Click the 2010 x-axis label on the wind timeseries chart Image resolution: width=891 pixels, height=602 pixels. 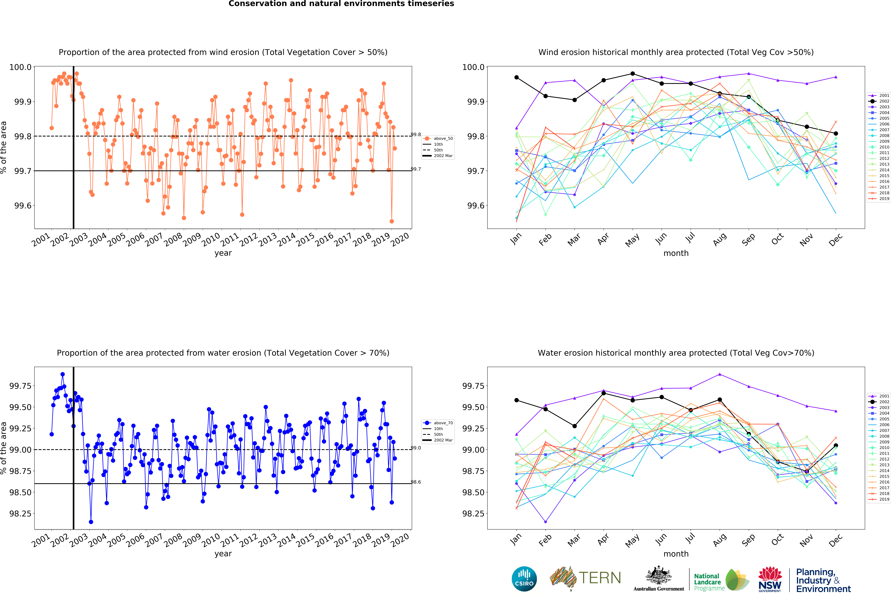point(211,239)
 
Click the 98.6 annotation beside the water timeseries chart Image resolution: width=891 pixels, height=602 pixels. point(416,482)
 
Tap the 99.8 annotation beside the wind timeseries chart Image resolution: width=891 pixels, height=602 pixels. point(416,135)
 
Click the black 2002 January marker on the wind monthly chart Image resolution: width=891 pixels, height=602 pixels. point(516,77)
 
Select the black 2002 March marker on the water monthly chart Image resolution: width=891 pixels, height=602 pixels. point(574,426)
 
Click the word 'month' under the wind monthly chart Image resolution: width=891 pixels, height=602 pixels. point(676,253)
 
